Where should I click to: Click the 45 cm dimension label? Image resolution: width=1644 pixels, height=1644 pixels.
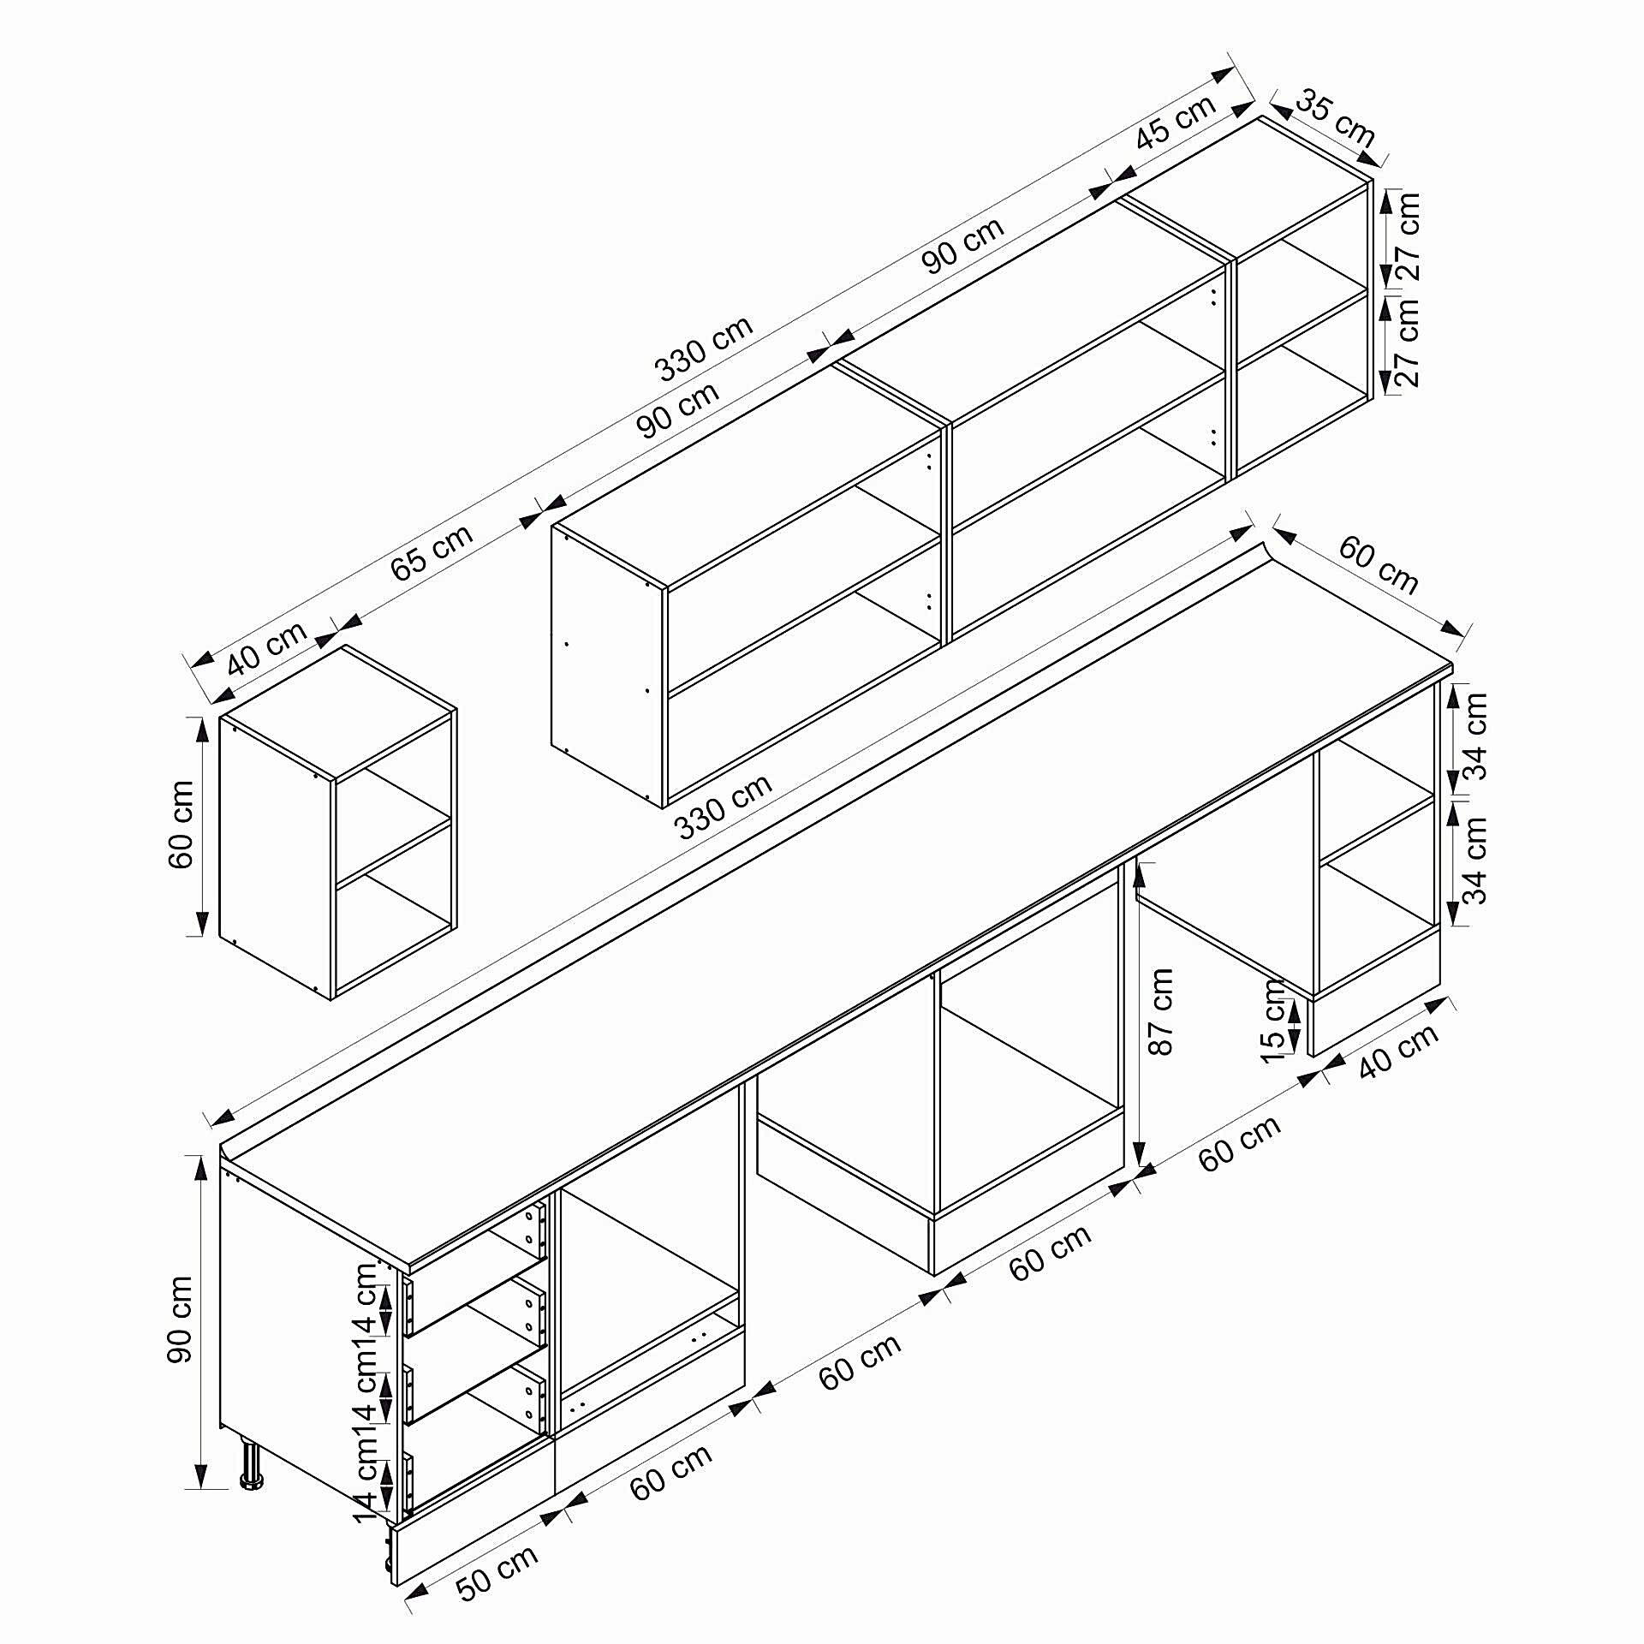(1176, 122)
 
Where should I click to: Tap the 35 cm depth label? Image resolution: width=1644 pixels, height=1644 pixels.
(1335, 118)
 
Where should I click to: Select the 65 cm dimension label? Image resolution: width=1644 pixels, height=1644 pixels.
(432, 552)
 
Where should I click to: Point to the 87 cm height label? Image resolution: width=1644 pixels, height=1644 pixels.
(1162, 1011)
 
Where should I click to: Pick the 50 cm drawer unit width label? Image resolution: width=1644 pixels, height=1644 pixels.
(497, 1572)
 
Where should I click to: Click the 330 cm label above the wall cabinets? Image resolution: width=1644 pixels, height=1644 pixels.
(704, 348)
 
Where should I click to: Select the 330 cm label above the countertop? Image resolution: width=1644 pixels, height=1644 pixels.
(724, 806)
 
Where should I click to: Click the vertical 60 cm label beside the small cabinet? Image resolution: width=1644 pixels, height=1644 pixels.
(181, 825)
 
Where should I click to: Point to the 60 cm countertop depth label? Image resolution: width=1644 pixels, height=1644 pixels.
(1379, 565)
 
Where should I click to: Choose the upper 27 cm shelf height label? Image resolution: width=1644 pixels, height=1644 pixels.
(1408, 237)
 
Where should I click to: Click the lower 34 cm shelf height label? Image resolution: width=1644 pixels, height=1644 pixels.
(1475, 861)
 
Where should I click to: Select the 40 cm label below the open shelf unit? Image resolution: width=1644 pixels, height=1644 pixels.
(1399, 1051)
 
